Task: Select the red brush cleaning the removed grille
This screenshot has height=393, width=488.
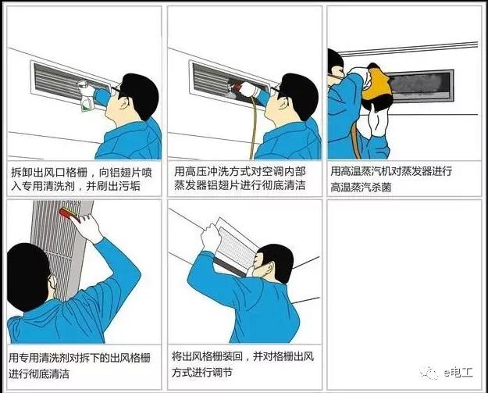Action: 69,215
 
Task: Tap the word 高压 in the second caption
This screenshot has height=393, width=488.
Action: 198,172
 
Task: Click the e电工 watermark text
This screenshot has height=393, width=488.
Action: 458,373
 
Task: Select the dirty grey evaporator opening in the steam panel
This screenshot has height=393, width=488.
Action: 420,84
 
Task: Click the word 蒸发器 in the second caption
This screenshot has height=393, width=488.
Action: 191,185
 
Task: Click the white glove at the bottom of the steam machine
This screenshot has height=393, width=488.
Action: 377,120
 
